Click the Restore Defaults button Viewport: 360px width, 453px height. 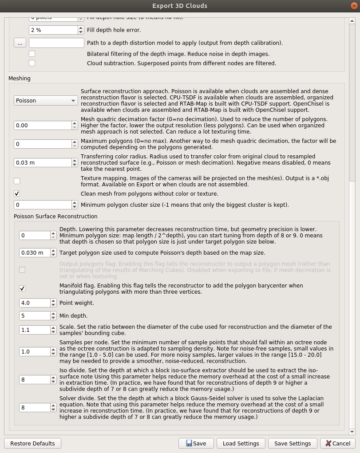(x=32, y=443)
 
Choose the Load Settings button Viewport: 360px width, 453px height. (x=241, y=443)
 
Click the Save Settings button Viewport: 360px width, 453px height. (x=293, y=443)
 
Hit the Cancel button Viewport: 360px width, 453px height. (x=337, y=443)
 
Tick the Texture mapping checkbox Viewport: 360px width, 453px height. (x=17, y=181)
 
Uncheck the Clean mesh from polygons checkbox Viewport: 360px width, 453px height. (x=17, y=193)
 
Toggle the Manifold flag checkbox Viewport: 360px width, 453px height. (x=22, y=288)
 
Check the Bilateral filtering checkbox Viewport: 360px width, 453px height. (x=32, y=54)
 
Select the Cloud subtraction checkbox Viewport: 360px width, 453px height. (x=32, y=63)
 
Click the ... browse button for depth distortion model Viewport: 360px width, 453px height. (x=20, y=43)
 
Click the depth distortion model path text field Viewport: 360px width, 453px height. (x=56, y=43)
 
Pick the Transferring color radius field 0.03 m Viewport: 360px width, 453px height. (x=43, y=163)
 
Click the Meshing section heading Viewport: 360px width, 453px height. (x=20, y=79)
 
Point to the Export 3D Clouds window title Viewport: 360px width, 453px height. (x=180, y=6)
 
